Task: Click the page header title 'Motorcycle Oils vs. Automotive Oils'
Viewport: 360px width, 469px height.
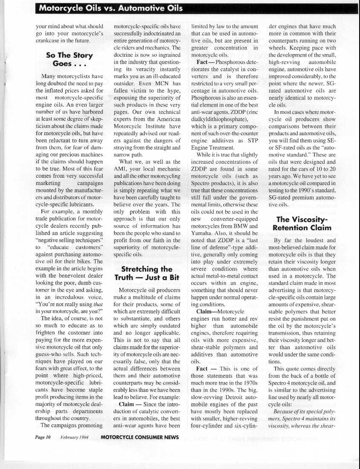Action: point(110,9)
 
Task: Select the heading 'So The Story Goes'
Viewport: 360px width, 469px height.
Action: point(69,60)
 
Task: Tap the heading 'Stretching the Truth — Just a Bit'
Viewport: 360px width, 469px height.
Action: point(146,273)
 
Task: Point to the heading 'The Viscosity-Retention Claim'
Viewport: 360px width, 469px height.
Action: point(302,223)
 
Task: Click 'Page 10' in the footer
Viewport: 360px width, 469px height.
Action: point(44,437)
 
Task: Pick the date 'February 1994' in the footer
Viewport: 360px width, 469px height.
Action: point(74,437)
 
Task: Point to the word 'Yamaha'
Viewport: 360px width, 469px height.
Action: point(203,234)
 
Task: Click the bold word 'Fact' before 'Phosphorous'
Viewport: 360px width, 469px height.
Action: point(202,62)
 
